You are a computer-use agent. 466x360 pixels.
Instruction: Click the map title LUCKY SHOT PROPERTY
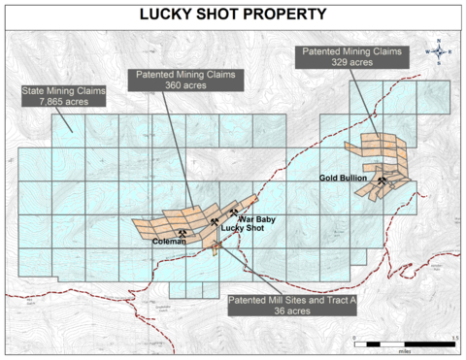pos(233,15)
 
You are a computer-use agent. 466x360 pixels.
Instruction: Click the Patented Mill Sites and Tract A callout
pos(291,306)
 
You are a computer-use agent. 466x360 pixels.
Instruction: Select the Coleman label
pos(170,242)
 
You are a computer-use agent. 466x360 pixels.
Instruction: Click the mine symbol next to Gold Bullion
pos(385,180)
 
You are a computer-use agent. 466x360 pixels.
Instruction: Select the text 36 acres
pos(292,311)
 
